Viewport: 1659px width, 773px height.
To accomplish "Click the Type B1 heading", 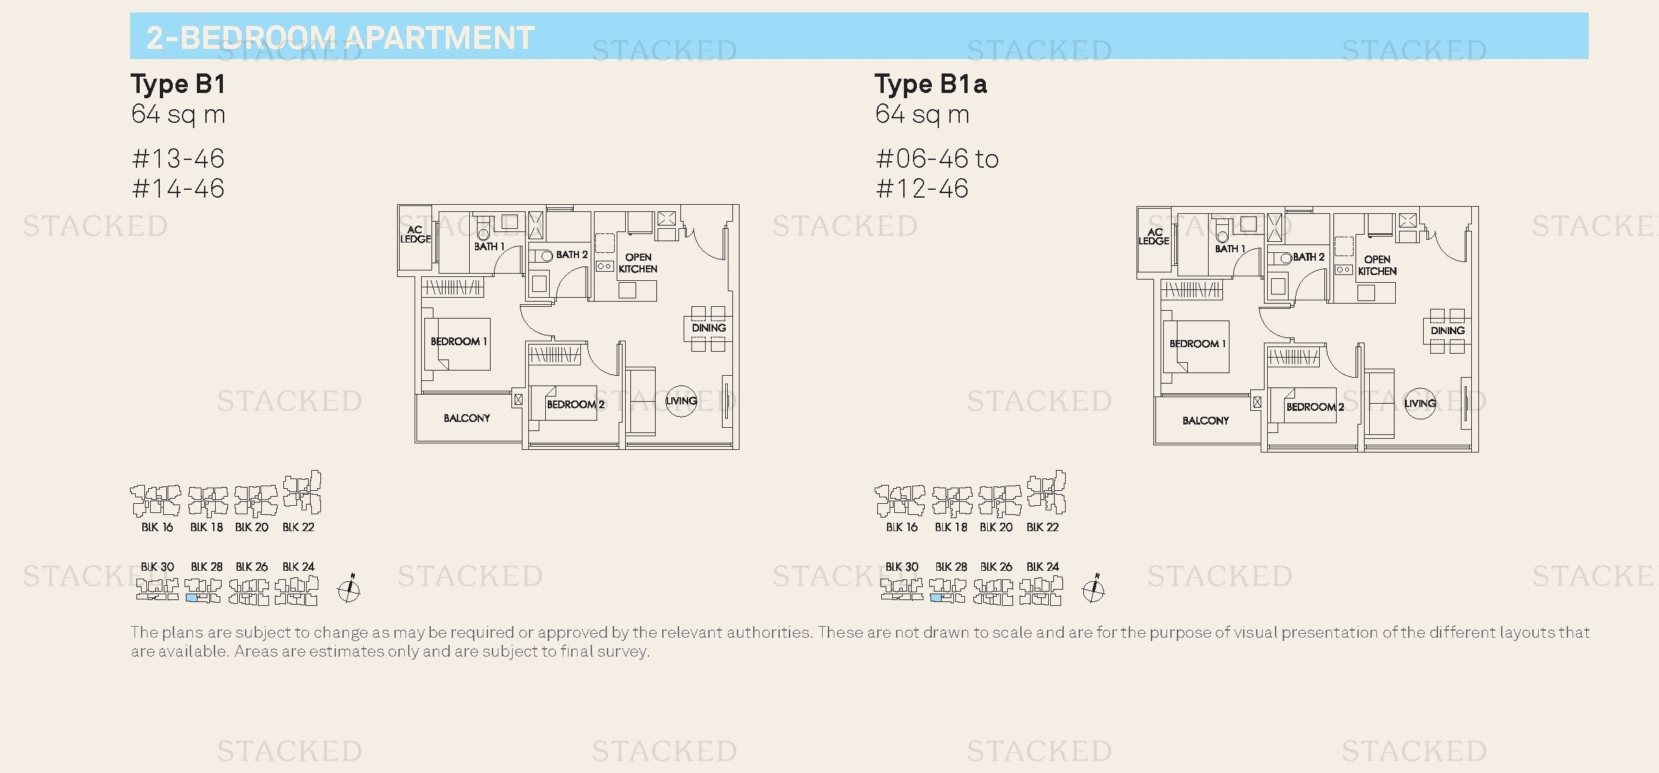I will (178, 85).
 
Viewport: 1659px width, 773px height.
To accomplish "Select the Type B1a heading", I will (931, 85).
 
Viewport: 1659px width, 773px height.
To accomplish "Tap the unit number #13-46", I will (178, 159).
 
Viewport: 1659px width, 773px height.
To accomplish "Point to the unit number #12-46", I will (922, 189).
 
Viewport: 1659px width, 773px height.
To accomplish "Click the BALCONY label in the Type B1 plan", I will (467, 418).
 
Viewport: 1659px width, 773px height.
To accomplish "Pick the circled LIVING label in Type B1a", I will (1420, 403).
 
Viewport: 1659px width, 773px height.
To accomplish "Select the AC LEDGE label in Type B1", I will (415, 234).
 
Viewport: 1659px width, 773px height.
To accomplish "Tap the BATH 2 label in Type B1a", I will (1308, 257).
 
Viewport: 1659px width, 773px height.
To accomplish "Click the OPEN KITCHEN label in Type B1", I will (638, 263).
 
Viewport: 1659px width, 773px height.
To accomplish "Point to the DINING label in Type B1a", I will (1447, 330).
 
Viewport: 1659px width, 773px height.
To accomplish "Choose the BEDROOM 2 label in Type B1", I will (575, 404).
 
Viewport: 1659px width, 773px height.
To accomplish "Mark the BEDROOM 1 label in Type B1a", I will (1197, 343).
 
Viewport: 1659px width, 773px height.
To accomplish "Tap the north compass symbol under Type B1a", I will (1094, 590).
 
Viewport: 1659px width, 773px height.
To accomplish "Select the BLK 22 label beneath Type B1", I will (298, 527).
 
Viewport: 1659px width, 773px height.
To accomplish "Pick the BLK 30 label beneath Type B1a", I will (902, 567).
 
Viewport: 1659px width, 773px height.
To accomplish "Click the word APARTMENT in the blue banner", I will (439, 38).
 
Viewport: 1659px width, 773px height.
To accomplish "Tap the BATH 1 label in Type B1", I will (489, 246).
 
